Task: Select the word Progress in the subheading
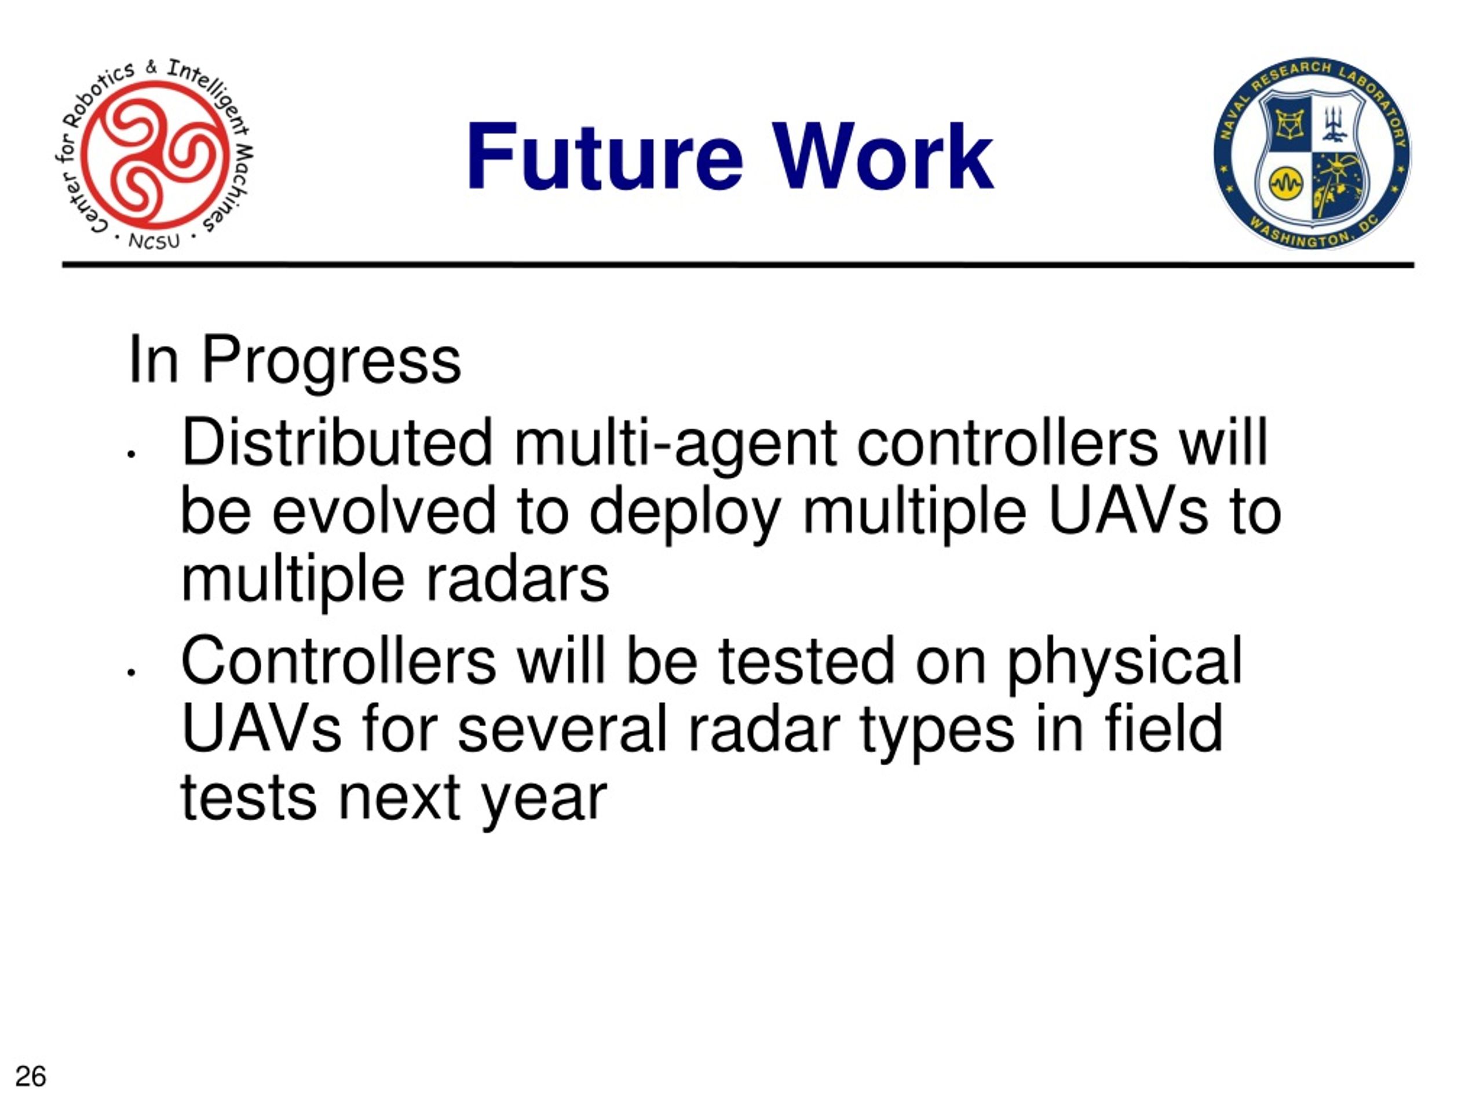(331, 362)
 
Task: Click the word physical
(1124, 665)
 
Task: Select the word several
(562, 730)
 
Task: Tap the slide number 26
(31, 1077)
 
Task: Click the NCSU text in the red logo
(154, 240)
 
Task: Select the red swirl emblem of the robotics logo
(155, 153)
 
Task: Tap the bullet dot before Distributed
(132, 455)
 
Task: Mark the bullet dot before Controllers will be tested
(132, 672)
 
